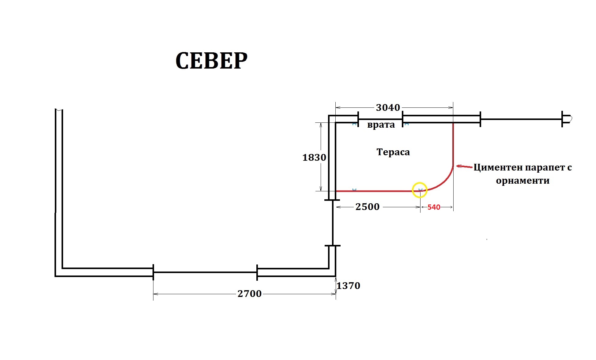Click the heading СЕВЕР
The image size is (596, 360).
click(x=211, y=61)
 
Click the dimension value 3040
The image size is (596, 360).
click(x=388, y=107)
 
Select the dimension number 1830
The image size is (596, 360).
click(x=314, y=157)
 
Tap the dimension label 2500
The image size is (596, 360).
click(x=368, y=207)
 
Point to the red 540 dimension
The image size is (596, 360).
click(x=434, y=207)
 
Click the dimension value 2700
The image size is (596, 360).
click(x=250, y=294)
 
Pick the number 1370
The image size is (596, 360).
click(x=348, y=286)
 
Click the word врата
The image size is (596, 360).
click(x=381, y=125)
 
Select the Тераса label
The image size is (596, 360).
click(x=393, y=152)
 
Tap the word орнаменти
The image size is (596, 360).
click(x=522, y=181)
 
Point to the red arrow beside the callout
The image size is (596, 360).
click(x=464, y=167)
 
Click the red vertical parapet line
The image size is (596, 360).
click(x=453, y=144)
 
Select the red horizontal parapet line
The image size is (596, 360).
click(x=378, y=191)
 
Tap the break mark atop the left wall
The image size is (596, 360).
click(x=59, y=110)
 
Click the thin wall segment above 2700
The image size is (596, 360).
click(x=205, y=272)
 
